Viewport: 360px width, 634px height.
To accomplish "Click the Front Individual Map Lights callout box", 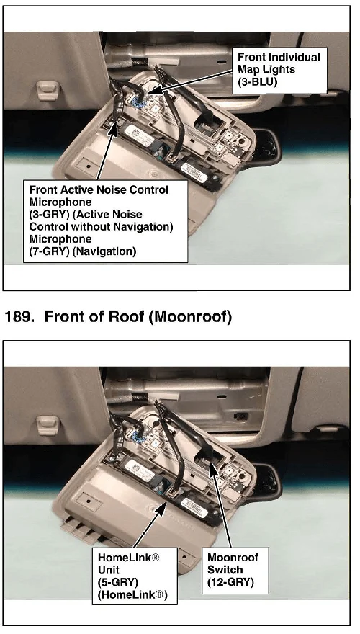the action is (279, 71).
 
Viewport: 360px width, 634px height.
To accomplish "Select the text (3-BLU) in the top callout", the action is (258, 81).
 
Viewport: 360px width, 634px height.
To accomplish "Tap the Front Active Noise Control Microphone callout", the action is (105, 221).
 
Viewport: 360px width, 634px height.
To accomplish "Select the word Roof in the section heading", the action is (126, 316).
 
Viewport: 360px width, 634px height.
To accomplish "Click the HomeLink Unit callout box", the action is (135, 576).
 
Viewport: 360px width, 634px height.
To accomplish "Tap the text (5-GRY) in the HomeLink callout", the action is (118, 582).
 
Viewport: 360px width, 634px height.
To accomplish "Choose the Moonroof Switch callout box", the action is (235, 571).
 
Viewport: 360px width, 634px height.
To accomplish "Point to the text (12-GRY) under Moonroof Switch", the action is (230, 582).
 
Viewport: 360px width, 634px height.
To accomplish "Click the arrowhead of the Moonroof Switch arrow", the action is (212, 464).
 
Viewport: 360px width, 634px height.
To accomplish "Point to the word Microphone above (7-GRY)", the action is (60, 239).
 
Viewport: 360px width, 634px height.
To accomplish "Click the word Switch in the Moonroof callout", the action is (225, 570).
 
